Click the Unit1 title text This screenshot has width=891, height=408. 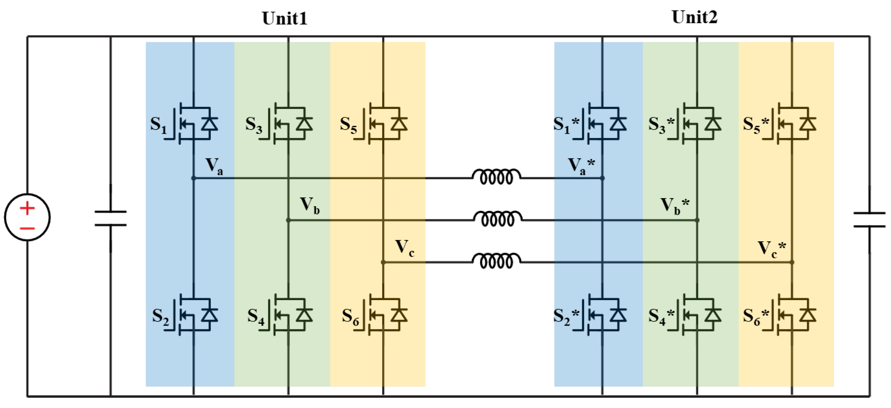285,18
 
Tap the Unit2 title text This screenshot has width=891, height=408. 694,17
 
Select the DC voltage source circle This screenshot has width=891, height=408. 27,217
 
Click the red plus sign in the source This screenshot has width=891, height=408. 27,208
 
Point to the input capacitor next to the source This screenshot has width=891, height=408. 111,218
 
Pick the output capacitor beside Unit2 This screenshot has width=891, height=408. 869,220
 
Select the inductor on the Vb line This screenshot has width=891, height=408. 498,219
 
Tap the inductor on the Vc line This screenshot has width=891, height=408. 496,261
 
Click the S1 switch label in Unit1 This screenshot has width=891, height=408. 158,125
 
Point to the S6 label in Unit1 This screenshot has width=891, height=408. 350,316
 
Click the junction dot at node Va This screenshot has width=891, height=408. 193,178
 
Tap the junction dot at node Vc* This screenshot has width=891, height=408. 792,262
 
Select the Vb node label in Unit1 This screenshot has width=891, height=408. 309,206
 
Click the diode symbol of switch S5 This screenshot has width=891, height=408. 399,124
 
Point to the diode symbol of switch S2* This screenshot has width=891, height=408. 618,315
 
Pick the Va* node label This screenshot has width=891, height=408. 581,166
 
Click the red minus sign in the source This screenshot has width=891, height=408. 27,229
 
